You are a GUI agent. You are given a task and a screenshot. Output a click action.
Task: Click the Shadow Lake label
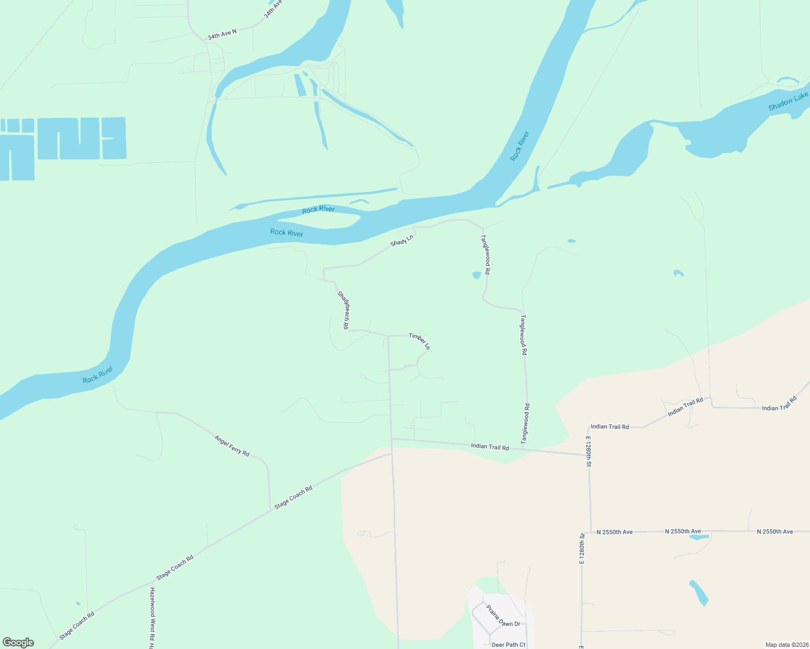click(x=788, y=101)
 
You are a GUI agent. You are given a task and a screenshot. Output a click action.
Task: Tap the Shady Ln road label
click(x=402, y=240)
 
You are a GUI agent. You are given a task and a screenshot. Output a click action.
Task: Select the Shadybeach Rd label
click(x=343, y=310)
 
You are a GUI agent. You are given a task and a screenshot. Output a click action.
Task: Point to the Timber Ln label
click(x=419, y=341)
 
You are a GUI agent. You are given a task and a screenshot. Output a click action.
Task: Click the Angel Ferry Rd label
click(x=232, y=446)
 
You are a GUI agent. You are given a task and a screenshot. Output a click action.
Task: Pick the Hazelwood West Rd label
click(x=152, y=617)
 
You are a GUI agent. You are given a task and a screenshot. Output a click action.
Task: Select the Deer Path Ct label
click(x=508, y=645)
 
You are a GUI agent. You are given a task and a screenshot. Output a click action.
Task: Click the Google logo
click(x=18, y=643)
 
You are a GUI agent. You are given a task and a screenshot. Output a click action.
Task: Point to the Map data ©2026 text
click(x=786, y=645)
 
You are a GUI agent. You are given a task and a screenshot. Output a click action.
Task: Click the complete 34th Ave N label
click(x=222, y=34)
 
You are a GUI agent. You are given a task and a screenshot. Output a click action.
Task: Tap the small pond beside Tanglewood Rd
click(x=476, y=275)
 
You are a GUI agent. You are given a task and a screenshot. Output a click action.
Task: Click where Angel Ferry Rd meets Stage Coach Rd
click(x=270, y=510)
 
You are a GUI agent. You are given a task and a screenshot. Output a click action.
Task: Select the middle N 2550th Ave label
click(x=683, y=532)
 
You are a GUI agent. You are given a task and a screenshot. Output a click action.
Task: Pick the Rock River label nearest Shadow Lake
click(x=519, y=146)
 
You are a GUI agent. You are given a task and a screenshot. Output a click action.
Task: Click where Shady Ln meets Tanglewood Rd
click(x=482, y=228)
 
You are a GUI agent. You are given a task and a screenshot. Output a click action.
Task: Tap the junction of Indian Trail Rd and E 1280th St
click(x=588, y=455)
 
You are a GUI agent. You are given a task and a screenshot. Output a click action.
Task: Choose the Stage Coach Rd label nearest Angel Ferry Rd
click(x=293, y=498)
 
